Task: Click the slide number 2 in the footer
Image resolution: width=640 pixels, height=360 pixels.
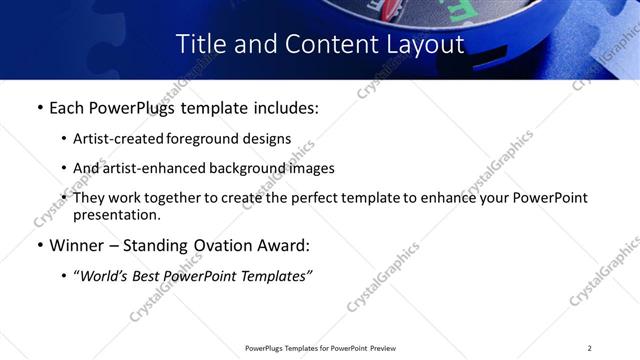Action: (x=589, y=347)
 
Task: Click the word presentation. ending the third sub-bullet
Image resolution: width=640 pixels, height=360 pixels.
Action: (x=116, y=214)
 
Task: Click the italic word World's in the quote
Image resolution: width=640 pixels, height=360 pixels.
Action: (x=107, y=275)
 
